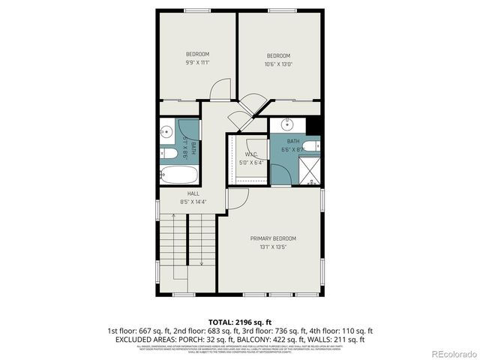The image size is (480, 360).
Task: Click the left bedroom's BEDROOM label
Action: click(197, 54)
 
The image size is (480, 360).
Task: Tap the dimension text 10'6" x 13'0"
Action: click(278, 64)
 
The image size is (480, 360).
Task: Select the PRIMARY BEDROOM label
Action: click(273, 238)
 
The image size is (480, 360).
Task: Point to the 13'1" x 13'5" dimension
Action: click(273, 247)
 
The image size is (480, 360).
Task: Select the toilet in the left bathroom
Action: click(169, 154)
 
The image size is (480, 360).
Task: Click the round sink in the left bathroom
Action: click(166, 133)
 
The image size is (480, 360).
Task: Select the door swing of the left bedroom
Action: click(220, 90)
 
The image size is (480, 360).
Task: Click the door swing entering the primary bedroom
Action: click(237, 199)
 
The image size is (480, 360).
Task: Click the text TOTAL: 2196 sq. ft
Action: click(240, 320)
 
